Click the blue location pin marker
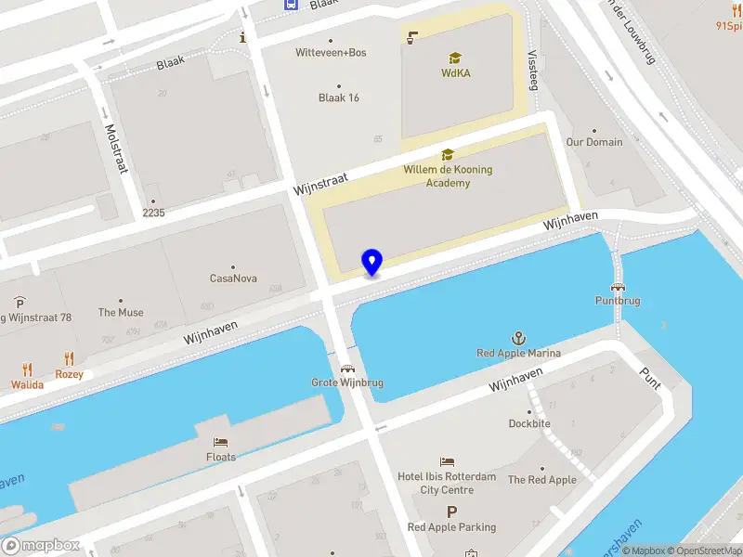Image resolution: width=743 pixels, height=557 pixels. point(371,262)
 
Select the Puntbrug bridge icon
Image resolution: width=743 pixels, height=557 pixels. point(617,287)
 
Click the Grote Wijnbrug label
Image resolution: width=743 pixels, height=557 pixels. point(347,382)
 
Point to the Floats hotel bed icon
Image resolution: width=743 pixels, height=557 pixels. point(221,442)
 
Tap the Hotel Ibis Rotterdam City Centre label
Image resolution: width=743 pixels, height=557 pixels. point(447,483)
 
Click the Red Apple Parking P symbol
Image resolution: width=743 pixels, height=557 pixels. point(452,512)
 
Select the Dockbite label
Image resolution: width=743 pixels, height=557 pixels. point(529,423)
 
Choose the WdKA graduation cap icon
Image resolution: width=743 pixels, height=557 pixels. point(455,58)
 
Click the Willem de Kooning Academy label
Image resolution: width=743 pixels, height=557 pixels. point(448,176)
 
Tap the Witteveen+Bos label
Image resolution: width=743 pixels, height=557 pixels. point(331,52)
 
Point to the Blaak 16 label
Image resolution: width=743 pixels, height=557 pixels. point(339,97)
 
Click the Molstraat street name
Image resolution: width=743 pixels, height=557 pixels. point(116,149)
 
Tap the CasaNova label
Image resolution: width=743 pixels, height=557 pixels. point(233,278)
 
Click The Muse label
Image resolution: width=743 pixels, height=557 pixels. point(121,313)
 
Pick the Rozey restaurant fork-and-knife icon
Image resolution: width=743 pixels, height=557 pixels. point(69,358)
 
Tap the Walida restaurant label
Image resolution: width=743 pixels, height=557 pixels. point(27,384)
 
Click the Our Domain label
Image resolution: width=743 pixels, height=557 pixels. point(594,142)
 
